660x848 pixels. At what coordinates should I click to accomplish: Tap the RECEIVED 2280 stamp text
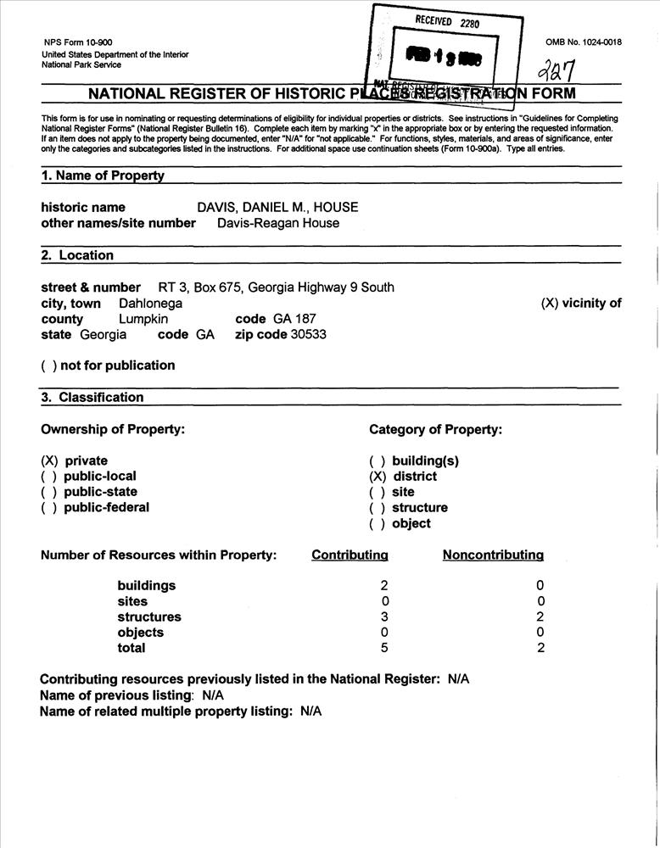point(447,21)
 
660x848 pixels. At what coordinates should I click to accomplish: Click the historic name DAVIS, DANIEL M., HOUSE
point(277,207)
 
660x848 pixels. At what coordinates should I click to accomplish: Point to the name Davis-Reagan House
point(278,223)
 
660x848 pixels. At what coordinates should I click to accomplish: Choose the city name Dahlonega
point(150,303)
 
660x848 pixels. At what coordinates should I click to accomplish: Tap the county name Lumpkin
point(143,319)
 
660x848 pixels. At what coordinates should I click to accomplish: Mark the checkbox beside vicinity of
point(549,303)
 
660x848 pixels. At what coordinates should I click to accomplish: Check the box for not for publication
point(48,365)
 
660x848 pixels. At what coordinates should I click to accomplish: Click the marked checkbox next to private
point(49,460)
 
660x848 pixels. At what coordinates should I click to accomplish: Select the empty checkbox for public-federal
point(49,507)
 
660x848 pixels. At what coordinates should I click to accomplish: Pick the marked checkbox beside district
point(378,477)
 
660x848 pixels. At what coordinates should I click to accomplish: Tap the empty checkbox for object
point(378,523)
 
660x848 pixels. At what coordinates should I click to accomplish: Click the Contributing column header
point(350,555)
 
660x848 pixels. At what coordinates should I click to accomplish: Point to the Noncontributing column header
point(493,555)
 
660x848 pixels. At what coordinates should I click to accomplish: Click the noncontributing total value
point(540,648)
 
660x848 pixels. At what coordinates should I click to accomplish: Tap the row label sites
point(132,601)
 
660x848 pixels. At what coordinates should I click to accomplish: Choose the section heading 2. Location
point(77,255)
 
